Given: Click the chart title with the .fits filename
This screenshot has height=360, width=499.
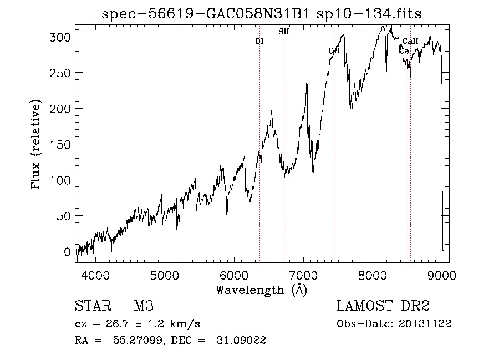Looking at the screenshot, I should (262, 14).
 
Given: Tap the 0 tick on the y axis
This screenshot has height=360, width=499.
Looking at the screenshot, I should (68, 251).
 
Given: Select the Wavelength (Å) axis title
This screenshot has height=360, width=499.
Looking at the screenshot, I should (261, 290).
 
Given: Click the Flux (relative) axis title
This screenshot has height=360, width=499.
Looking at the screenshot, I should (37, 145).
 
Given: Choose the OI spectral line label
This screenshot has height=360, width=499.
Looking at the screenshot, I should (259, 41).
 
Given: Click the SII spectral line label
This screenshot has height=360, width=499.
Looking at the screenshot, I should (283, 32).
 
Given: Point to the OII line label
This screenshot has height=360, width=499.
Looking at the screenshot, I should (333, 51).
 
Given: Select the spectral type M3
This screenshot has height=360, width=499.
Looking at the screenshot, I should (143, 306).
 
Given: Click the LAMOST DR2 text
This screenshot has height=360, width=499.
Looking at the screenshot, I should (383, 306).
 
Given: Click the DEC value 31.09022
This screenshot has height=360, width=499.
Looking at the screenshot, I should (242, 341).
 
